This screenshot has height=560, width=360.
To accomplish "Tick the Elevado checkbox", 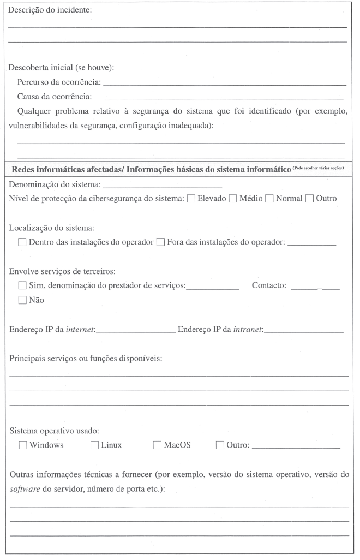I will click(191, 198).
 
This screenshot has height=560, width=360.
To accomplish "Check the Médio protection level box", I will click(233, 198).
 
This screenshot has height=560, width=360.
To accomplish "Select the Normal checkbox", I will click(269, 198).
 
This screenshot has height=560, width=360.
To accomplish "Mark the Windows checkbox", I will click(22, 445).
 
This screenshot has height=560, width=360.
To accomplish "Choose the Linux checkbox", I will click(94, 445).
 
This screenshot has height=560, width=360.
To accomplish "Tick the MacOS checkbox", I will click(157, 445).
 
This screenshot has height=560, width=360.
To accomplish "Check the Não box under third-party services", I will click(22, 300).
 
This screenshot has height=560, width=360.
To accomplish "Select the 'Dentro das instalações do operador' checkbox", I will click(22, 242).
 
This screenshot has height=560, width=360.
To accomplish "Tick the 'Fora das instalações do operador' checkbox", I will click(160, 242).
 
